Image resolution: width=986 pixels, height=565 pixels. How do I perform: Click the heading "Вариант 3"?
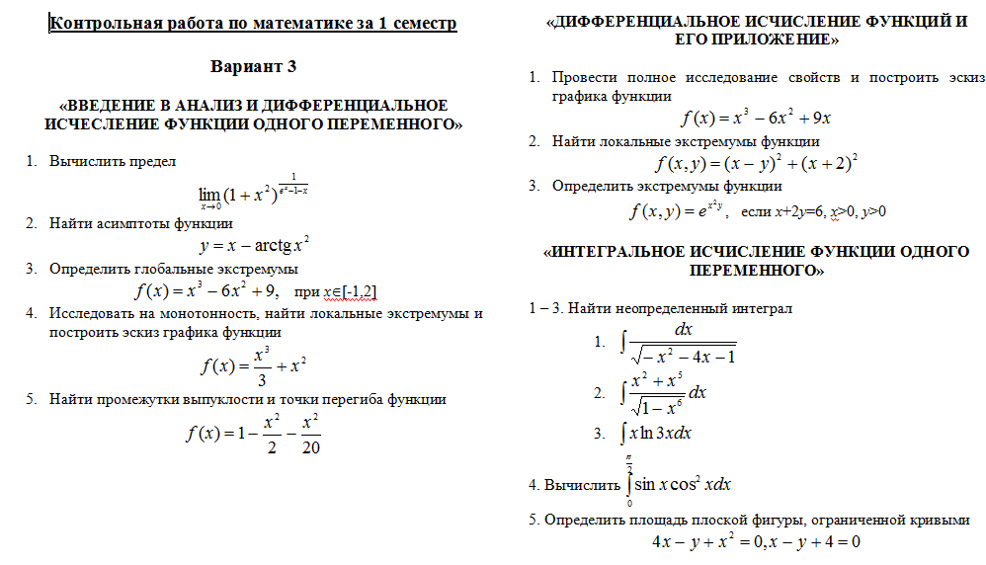[x=253, y=67]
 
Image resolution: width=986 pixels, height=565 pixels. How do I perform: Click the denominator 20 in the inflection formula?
[x=309, y=447]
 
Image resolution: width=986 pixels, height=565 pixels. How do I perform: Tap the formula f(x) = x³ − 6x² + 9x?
[x=756, y=119]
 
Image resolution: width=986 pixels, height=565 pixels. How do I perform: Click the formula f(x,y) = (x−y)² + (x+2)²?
[x=756, y=163]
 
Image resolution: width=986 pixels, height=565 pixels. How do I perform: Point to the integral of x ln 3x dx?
[x=656, y=433]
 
